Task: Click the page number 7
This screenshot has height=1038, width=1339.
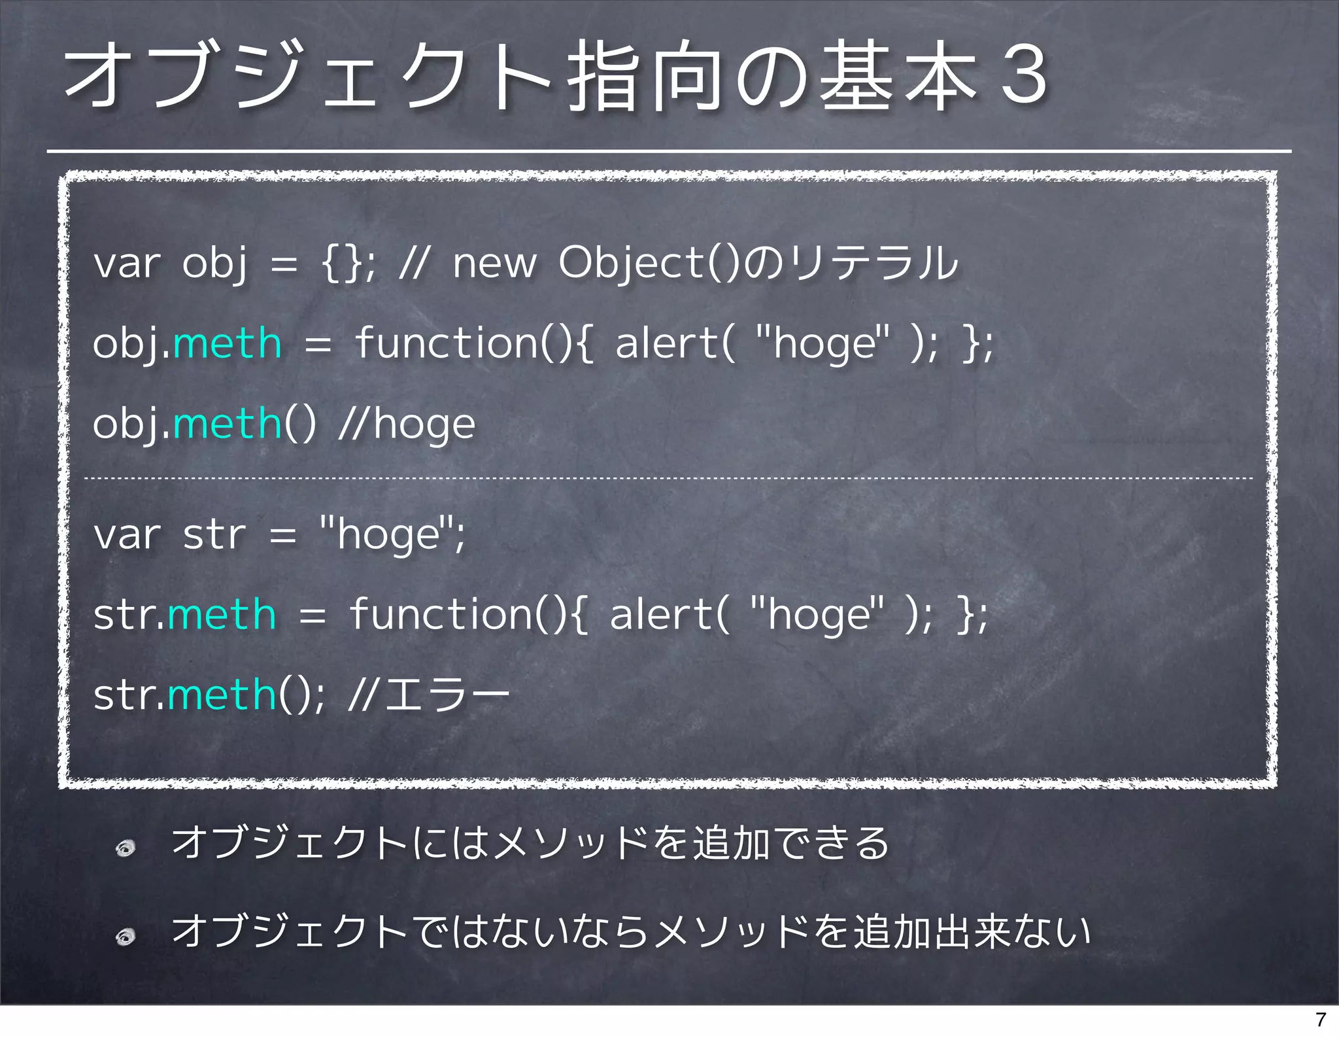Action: [x=1321, y=1019]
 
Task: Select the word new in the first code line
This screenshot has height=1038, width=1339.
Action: [x=494, y=263]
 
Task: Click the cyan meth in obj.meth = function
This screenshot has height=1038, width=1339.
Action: [x=228, y=343]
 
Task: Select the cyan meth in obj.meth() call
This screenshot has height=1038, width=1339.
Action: [x=228, y=424]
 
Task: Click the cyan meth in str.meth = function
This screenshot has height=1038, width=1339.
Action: [x=222, y=615]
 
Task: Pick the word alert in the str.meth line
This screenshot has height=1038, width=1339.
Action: [x=660, y=615]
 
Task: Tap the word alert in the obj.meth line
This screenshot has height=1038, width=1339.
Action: [x=666, y=343]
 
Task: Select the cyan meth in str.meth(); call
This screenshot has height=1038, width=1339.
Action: [x=222, y=695]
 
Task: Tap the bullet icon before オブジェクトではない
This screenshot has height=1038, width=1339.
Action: [x=126, y=937]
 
